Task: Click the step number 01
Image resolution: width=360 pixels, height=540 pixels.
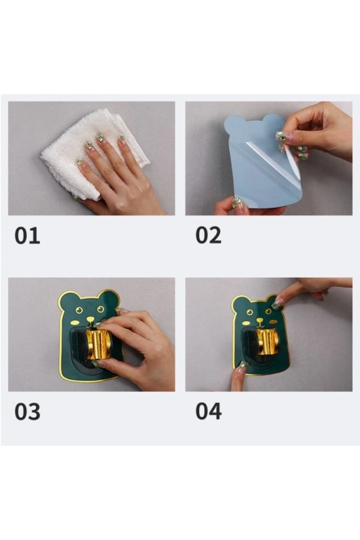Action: (27, 236)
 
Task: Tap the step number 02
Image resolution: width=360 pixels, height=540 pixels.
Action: (208, 235)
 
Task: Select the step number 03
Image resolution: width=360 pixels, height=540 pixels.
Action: (27, 412)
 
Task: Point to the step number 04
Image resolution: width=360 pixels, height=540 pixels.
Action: (208, 412)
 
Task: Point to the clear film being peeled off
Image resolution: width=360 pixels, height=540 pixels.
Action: (272, 162)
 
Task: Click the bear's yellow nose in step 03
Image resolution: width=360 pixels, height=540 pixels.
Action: (90, 320)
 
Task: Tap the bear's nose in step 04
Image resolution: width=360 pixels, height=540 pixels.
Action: (259, 320)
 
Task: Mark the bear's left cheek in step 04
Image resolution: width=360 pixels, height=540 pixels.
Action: (247, 323)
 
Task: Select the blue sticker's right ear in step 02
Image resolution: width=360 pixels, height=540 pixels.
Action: (274, 121)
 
